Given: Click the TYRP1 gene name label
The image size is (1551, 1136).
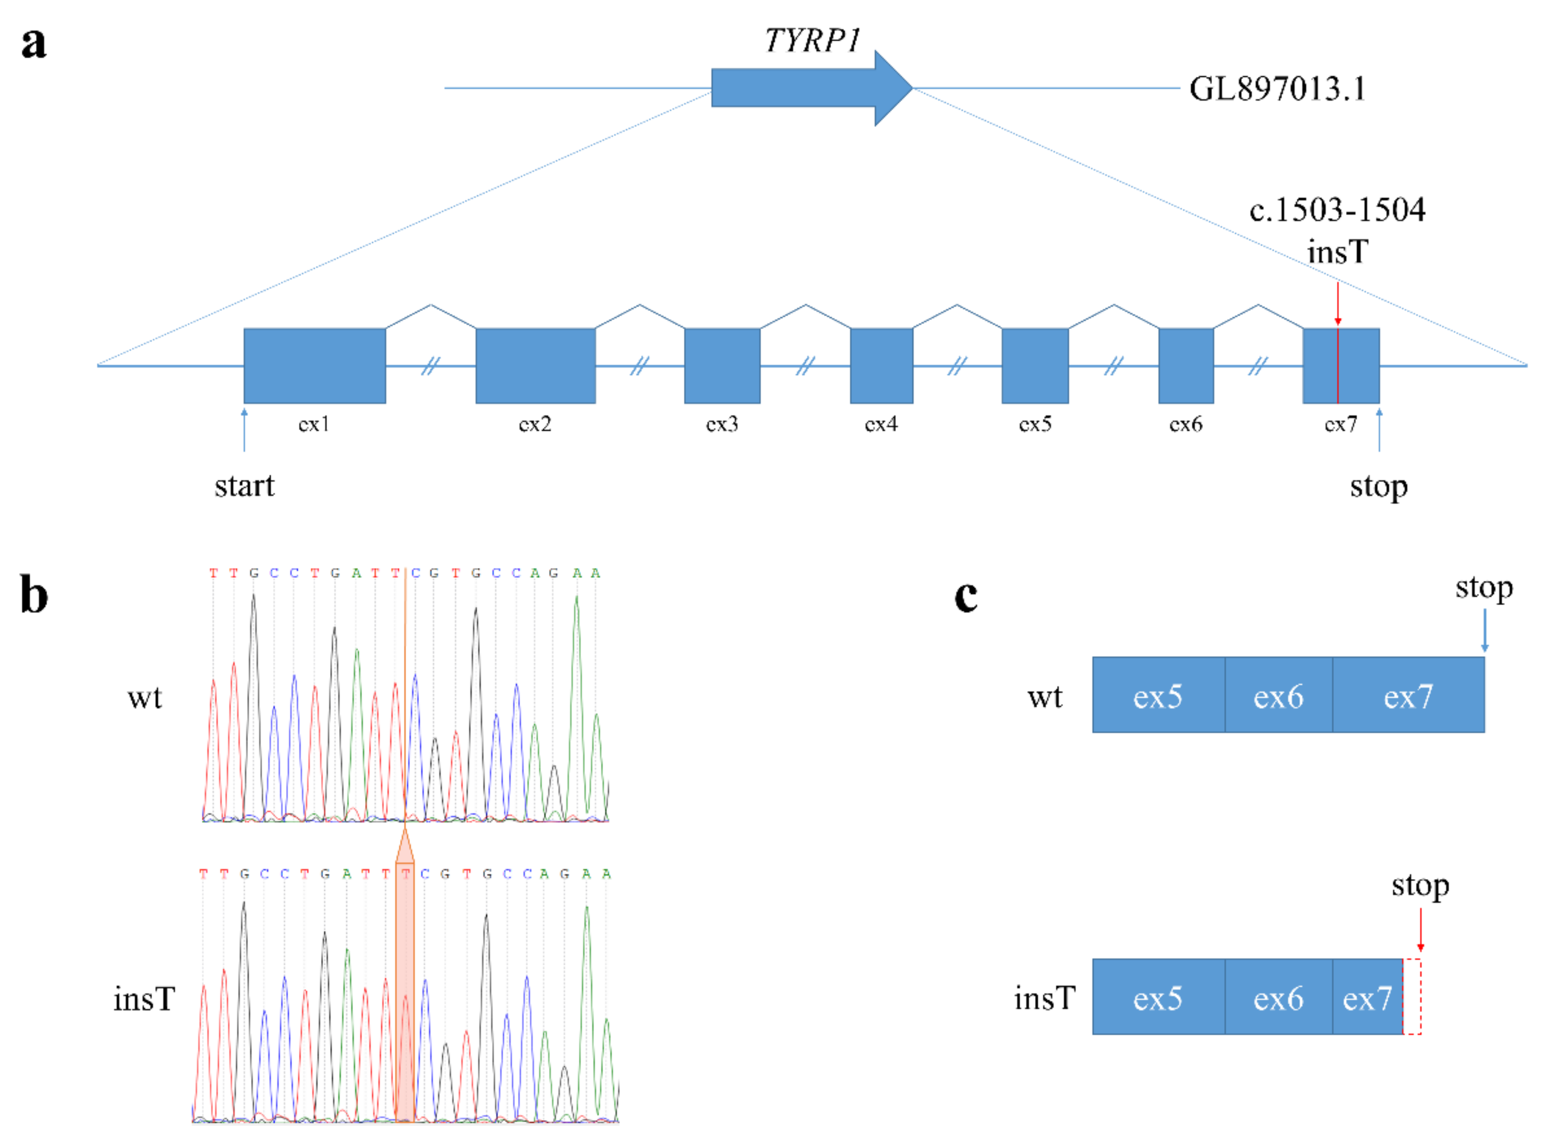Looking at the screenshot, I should click(812, 40).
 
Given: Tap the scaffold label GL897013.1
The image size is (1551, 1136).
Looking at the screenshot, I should click(1277, 88).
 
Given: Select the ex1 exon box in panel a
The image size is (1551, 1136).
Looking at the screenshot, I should click(314, 365).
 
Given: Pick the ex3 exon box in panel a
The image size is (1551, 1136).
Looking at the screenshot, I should click(722, 365).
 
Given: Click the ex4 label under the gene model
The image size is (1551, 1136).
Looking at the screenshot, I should click(881, 424).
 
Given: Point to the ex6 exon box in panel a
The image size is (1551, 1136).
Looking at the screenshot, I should click(1186, 365).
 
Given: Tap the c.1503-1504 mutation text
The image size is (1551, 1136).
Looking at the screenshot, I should click(1337, 210).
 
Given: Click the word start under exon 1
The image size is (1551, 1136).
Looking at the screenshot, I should click(244, 486).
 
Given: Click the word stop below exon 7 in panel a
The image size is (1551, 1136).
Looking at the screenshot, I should click(1378, 486).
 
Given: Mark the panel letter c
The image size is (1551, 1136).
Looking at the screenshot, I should click(966, 596).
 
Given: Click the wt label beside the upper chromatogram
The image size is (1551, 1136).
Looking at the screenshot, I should click(145, 697).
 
